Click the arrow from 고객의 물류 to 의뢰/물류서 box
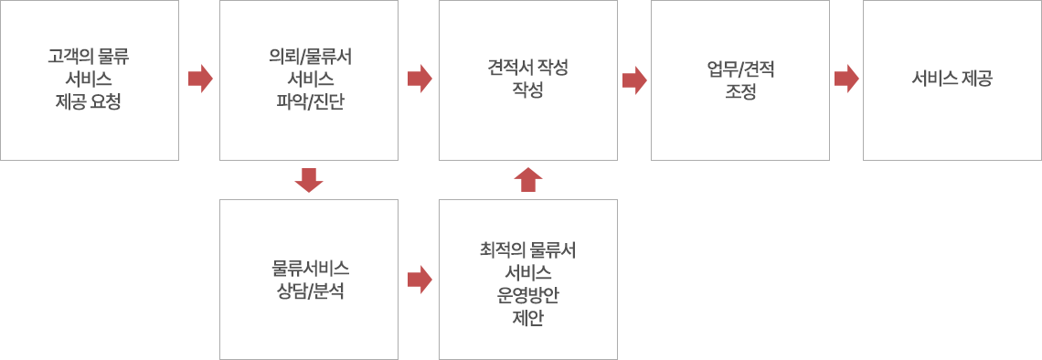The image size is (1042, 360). pyautogui.click(x=200, y=79)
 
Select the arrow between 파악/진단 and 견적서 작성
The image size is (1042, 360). pyautogui.click(x=420, y=79)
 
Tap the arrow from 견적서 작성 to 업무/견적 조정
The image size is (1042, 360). pyautogui.click(x=634, y=79)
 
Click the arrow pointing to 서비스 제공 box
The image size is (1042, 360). pyautogui.click(x=847, y=79)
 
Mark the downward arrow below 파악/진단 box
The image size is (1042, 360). pyautogui.click(x=309, y=180)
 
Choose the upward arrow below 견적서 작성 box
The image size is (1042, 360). pyautogui.click(x=528, y=180)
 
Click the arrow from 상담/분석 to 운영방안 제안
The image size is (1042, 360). pyautogui.click(x=420, y=279)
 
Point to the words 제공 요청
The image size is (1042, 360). pyautogui.click(x=89, y=101)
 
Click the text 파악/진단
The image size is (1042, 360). pyautogui.click(x=309, y=101)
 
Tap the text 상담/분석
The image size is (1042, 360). pyautogui.click(x=309, y=292)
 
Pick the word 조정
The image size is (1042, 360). pyautogui.click(x=740, y=92)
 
